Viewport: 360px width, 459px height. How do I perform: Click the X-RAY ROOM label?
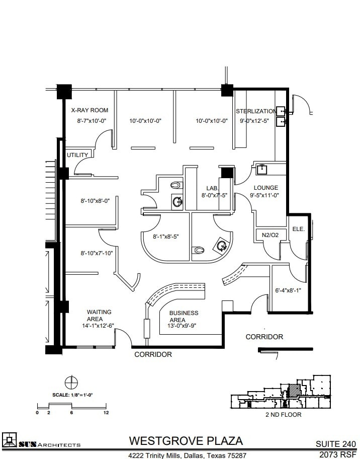pos(89,110)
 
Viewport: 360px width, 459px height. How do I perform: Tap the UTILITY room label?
pos(77,155)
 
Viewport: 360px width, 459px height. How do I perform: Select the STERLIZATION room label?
pos(256,111)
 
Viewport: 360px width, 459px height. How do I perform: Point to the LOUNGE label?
pos(266,188)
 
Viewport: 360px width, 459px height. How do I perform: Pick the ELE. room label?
pos(299,228)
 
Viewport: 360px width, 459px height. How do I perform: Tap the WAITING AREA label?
pos(99,316)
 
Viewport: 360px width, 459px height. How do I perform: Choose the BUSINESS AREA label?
pos(184,316)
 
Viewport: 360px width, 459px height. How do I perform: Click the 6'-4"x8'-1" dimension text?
pos(288,290)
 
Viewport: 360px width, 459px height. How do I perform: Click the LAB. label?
pos(212,188)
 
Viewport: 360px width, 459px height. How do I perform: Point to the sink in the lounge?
pos(262,169)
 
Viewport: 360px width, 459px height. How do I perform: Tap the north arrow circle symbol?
pos(71,381)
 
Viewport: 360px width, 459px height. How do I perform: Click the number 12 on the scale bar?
pos(106,413)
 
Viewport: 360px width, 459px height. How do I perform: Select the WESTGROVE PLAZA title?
pos(186,441)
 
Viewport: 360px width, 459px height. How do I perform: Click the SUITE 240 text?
pos(335,444)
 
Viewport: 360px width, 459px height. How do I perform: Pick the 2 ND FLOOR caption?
pos(283,415)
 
